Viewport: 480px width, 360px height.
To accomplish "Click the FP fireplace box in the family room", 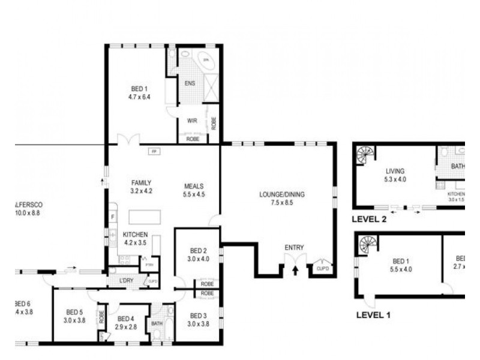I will [154, 151].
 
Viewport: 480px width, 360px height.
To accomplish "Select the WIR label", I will [193, 121].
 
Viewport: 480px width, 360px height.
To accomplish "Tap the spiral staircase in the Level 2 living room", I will [365, 156].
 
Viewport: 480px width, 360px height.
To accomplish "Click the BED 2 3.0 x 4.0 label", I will [199, 255].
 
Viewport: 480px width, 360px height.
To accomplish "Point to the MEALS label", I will [194, 186].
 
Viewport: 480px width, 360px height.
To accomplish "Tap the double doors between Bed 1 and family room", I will [128, 140].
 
